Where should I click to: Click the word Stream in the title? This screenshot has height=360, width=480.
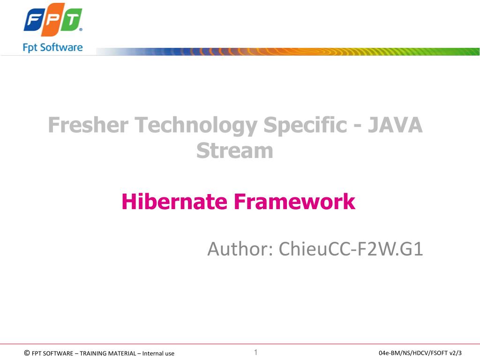tap(234, 151)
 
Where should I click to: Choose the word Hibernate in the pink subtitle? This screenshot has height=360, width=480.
tap(173, 202)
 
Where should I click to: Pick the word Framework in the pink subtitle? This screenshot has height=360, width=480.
tap(294, 202)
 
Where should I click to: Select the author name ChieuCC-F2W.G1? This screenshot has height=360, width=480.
tap(351, 249)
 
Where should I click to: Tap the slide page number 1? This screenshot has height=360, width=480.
tap(256, 352)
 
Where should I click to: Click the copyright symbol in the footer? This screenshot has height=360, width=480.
tap(26, 353)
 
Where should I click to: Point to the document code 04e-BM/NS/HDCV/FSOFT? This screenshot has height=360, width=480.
tap(412, 353)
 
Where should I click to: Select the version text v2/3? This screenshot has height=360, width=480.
tap(455, 353)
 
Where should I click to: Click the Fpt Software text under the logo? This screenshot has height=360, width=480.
tap(52, 47)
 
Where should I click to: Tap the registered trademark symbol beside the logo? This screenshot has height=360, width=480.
tap(81, 30)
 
